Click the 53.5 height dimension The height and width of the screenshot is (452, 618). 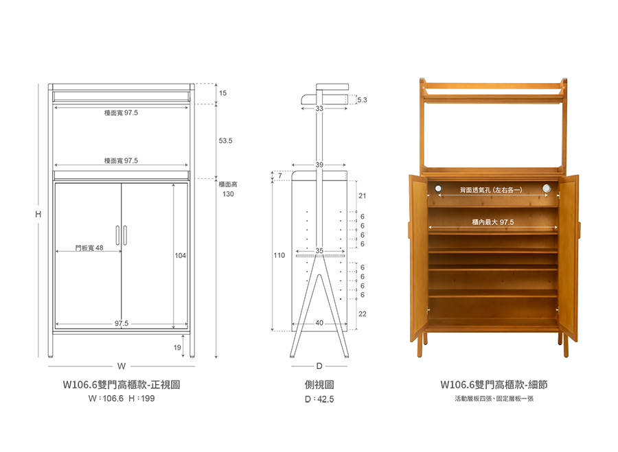click(x=225, y=141)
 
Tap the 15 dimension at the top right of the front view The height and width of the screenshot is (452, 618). click(x=222, y=93)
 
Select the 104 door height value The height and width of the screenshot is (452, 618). click(x=180, y=256)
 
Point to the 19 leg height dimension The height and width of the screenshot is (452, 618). click(x=177, y=347)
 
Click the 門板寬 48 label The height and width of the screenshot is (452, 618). click(x=89, y=248)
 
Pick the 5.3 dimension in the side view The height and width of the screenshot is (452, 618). click(x=362, y=100)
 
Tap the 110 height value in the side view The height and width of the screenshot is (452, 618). click(x=279, y=255)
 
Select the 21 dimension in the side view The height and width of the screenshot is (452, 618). click(x=362, y=195)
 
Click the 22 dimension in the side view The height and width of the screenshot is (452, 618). click(x=362, y=314)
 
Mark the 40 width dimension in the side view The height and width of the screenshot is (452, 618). click(x=319, y=323)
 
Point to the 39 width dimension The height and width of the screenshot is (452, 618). click(x=319, y=165)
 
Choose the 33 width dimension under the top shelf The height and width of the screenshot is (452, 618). click(x=319, y=108)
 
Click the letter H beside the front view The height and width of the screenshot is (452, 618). click(x=38, y=214)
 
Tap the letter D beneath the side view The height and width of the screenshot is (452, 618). click(x=319, y=366)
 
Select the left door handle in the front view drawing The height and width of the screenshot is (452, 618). click(x=117, y=235)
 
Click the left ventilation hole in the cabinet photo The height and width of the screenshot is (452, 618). click(x=438, y=188)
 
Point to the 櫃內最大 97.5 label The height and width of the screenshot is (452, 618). click(x=493, y=222)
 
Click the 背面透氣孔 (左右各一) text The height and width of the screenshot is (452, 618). click(x=491, y=190)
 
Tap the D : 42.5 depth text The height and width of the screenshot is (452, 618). click(x=319, y=399)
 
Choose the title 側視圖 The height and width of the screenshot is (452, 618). click(x=319, y=385)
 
